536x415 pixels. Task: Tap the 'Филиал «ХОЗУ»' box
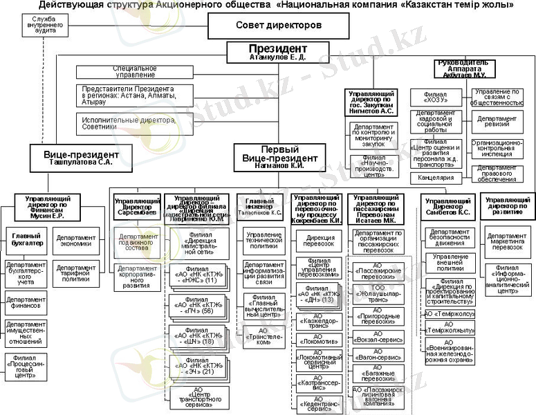(x=436, y=97)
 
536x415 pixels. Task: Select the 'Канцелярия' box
(x=436, y=178)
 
